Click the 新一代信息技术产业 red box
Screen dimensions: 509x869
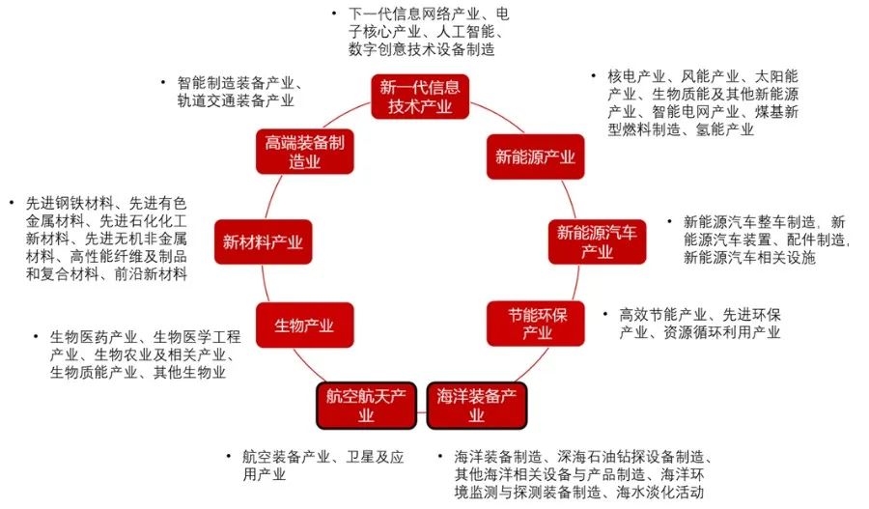pyautogui.click(x=419, y=96)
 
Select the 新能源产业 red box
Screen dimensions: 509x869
pyautogui.click(x=535, y=156)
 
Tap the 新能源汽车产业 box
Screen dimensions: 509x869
pyautogui.click(x=597, y=241)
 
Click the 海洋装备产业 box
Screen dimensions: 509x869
pyautogui.click(x=476, y=405)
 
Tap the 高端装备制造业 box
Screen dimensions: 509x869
pyautogui.click(x=305, y=152)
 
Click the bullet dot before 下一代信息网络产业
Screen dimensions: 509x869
pyautogui.click(x=334, y=14)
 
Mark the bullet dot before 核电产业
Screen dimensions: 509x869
pyautogui.click(x=593, y=75)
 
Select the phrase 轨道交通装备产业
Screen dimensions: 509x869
pyautogui.click(x=235, y=100)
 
